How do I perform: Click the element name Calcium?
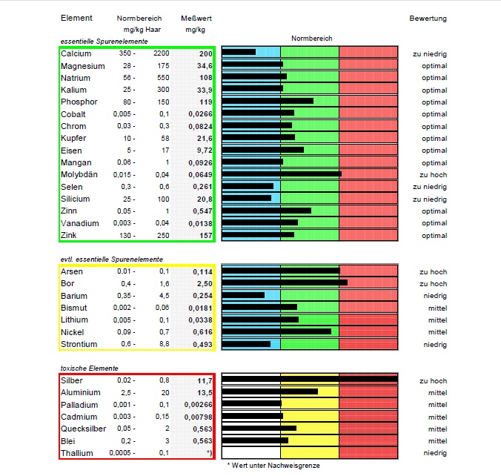(x=76, y=54)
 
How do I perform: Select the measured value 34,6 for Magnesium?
(x=200, y=66)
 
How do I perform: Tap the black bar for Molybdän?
(x=282, y=174)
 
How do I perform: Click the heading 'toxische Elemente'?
(x=89, y=368)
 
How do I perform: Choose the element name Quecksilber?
(x=84, y=429)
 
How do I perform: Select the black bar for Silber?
(x=310, y=380)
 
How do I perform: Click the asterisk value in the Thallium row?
(x=210, y=453)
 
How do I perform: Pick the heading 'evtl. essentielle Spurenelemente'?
(x=111, y=259)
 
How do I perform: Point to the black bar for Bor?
(x=285, y=283)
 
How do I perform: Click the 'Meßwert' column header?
(x=193, y=18)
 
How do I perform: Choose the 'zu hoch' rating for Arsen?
(x=433, y=271)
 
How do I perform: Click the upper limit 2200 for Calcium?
(x=161, y=54)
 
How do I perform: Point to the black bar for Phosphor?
(x=268, y=102)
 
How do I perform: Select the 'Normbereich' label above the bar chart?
(x=311, y=37)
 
